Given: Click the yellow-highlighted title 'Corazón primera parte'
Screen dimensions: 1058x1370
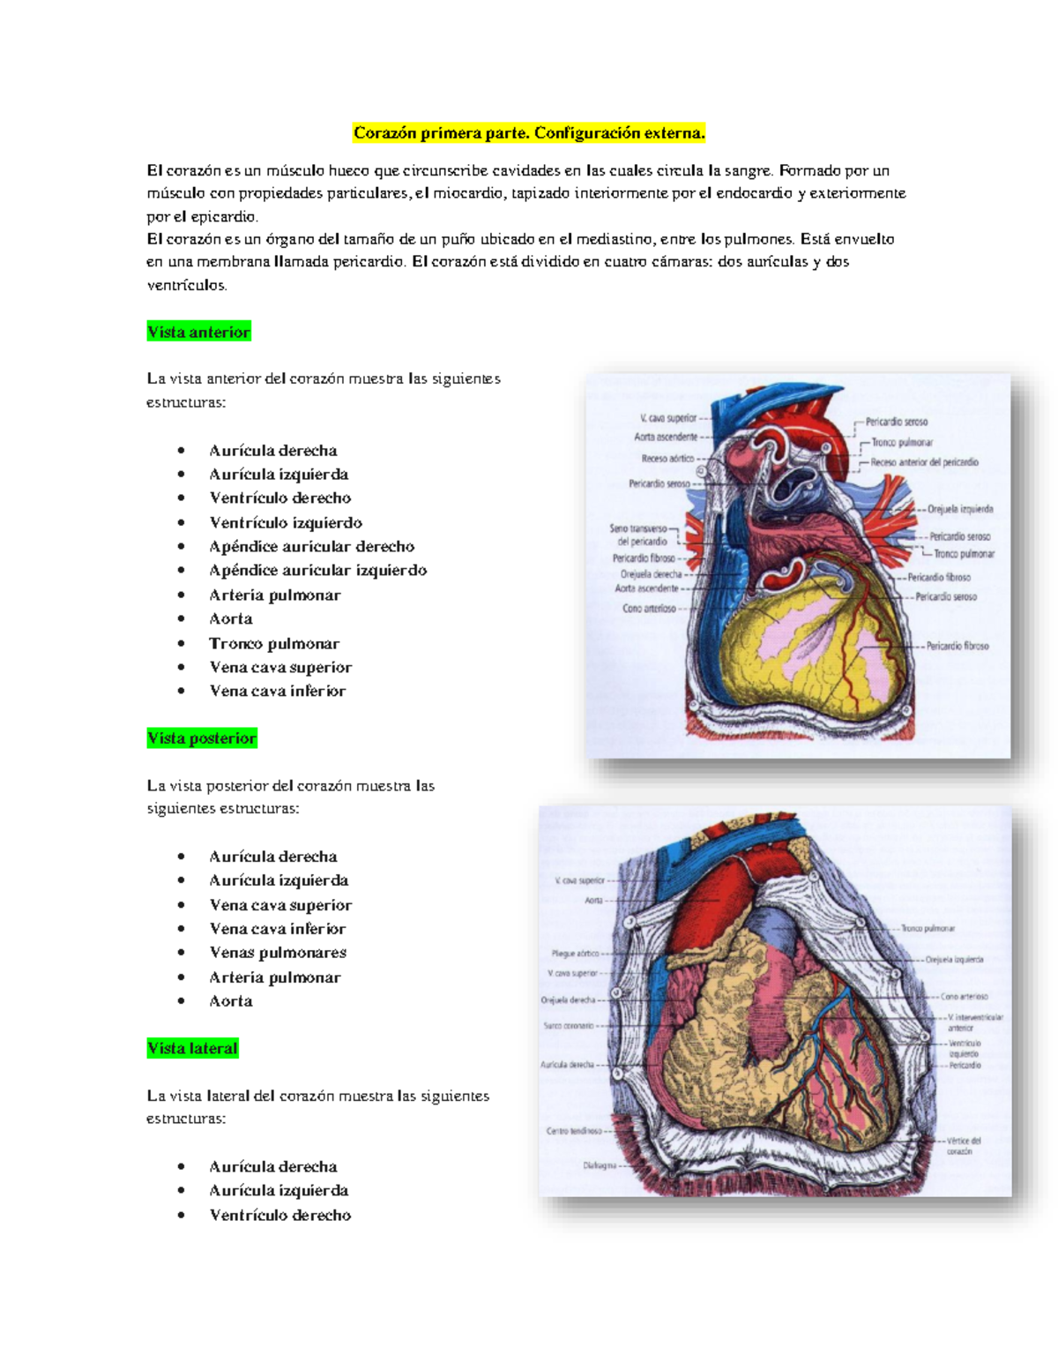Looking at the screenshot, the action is click(529, 133).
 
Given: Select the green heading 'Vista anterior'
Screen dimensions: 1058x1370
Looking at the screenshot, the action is click(199, 332).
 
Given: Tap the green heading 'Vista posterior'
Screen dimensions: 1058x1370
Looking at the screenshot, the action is click(202, 738).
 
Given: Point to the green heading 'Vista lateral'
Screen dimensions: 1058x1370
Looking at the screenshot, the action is click(192, 1048).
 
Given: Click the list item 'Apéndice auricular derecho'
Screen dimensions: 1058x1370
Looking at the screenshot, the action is click(311, 546).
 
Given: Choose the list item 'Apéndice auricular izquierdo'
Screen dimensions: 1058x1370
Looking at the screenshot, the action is click(317, 570).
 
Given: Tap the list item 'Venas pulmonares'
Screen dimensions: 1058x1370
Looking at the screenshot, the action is click(278, 952).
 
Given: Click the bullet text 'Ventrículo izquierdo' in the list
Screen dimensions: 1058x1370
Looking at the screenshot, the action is click(286, 522).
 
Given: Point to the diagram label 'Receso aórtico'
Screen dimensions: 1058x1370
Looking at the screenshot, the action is click(667, 459).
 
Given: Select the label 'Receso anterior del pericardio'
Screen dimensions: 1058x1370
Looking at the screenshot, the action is click(924, 462).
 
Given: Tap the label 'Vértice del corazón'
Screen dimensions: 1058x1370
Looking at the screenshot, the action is click(963, 1146).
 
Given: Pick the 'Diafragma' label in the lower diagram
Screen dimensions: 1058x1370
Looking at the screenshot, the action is click(600, 1165).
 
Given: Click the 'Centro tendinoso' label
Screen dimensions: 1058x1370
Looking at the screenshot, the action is click(574, 1131).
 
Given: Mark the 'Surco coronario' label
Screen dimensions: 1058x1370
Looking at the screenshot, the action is click(569, 1026).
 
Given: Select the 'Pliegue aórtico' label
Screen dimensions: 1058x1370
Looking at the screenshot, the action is click(575, 954).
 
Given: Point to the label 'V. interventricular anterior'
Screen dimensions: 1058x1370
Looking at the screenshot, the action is click(974, 1022).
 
